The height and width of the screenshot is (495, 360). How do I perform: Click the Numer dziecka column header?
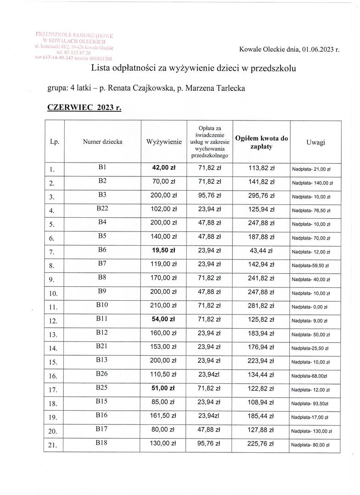(102, 142)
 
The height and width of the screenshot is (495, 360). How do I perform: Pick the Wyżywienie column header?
(164, 143)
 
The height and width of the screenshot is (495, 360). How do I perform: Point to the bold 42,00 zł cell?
(164, 168)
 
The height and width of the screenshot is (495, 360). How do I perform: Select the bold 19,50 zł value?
(164, 251)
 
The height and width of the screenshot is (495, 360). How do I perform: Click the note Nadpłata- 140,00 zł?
(312, 183)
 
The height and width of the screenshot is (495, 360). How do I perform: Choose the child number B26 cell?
(102, 374)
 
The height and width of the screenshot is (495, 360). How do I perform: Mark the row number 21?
(52, 445)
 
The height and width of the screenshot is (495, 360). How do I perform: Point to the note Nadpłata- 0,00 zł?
(310, 307)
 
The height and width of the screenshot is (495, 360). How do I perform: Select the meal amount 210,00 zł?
(164, 305)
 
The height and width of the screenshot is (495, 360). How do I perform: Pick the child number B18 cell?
(102, 442)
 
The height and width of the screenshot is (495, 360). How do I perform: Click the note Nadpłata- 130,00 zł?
(312, 431)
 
